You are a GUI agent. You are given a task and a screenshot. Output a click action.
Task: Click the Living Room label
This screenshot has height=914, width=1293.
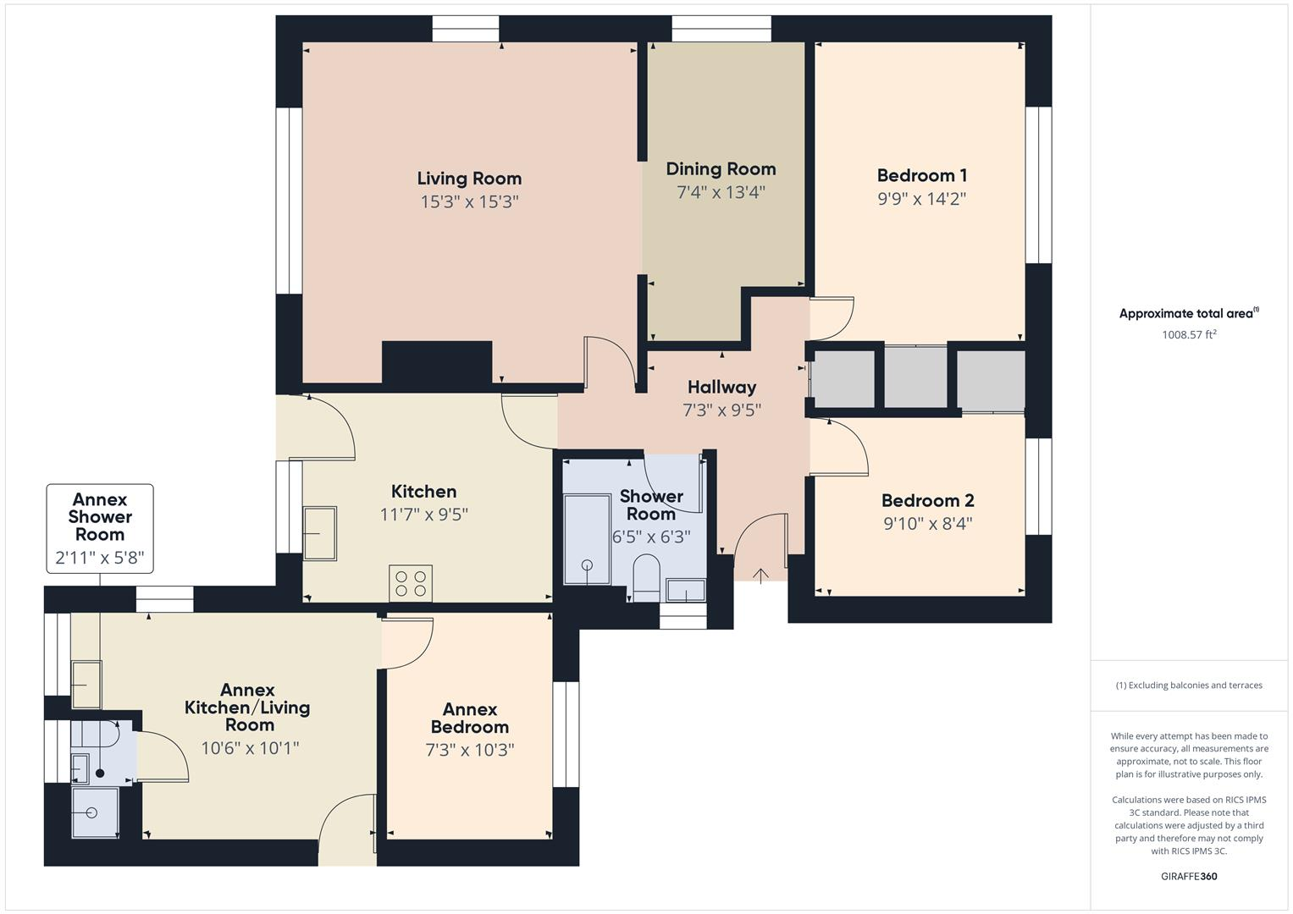469,179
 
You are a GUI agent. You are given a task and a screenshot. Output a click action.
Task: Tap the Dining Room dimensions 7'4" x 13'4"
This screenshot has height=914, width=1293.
721,192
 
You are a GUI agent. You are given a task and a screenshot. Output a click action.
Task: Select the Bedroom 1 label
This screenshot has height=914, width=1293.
921,175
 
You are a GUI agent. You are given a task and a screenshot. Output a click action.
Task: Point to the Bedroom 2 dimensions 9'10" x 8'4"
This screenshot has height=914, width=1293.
927,524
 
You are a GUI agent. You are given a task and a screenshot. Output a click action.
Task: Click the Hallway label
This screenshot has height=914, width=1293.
721,387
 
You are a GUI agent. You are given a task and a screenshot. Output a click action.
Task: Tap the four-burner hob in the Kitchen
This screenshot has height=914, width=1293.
411,583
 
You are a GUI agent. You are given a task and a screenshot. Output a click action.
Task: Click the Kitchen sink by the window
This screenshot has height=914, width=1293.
319,532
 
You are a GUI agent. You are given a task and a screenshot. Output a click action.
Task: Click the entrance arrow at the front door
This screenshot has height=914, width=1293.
760,576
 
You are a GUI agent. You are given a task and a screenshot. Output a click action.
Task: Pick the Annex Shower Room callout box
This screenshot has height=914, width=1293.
100,528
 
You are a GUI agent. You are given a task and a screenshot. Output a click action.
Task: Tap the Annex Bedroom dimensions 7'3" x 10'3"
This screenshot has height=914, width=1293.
470,750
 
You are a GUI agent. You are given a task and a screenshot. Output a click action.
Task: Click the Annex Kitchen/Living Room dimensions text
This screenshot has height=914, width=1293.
250,748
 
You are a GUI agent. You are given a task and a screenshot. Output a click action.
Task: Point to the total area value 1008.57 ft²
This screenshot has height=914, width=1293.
1189,334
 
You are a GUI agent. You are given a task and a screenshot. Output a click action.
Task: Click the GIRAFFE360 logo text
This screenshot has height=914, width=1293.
1189,876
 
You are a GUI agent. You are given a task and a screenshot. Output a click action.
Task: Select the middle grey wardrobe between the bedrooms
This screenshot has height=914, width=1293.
915,377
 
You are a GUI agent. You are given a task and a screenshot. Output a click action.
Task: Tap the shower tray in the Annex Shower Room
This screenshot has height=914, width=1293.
94,813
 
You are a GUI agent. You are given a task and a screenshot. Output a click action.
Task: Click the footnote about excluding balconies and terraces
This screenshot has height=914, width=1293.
1189,685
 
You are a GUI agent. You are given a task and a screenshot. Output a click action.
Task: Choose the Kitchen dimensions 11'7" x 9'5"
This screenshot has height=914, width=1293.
423,515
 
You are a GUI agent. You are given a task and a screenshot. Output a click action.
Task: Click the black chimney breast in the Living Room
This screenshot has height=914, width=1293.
436,362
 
